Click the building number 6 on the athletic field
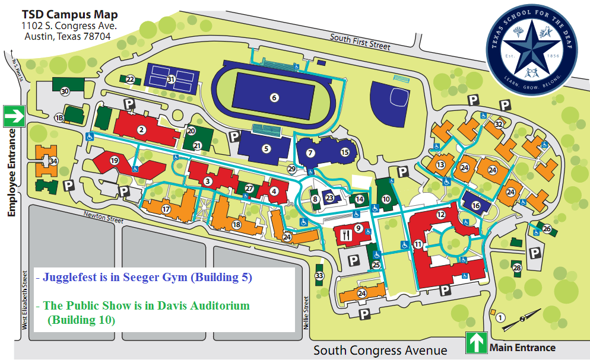click(274, 98)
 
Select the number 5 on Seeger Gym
click(267, 148)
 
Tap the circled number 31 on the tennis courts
click(170, 79)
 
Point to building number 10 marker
click(386, 199)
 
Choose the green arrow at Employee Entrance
click(13, 116)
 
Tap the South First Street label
click(360, 42)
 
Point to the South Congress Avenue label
click(380, 350)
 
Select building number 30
click(65, 91)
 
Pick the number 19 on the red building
click(115, 161)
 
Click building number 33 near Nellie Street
click(320, 276)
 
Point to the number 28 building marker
click(517, 268)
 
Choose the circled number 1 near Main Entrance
click(500, 318)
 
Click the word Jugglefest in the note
click(67, 277)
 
